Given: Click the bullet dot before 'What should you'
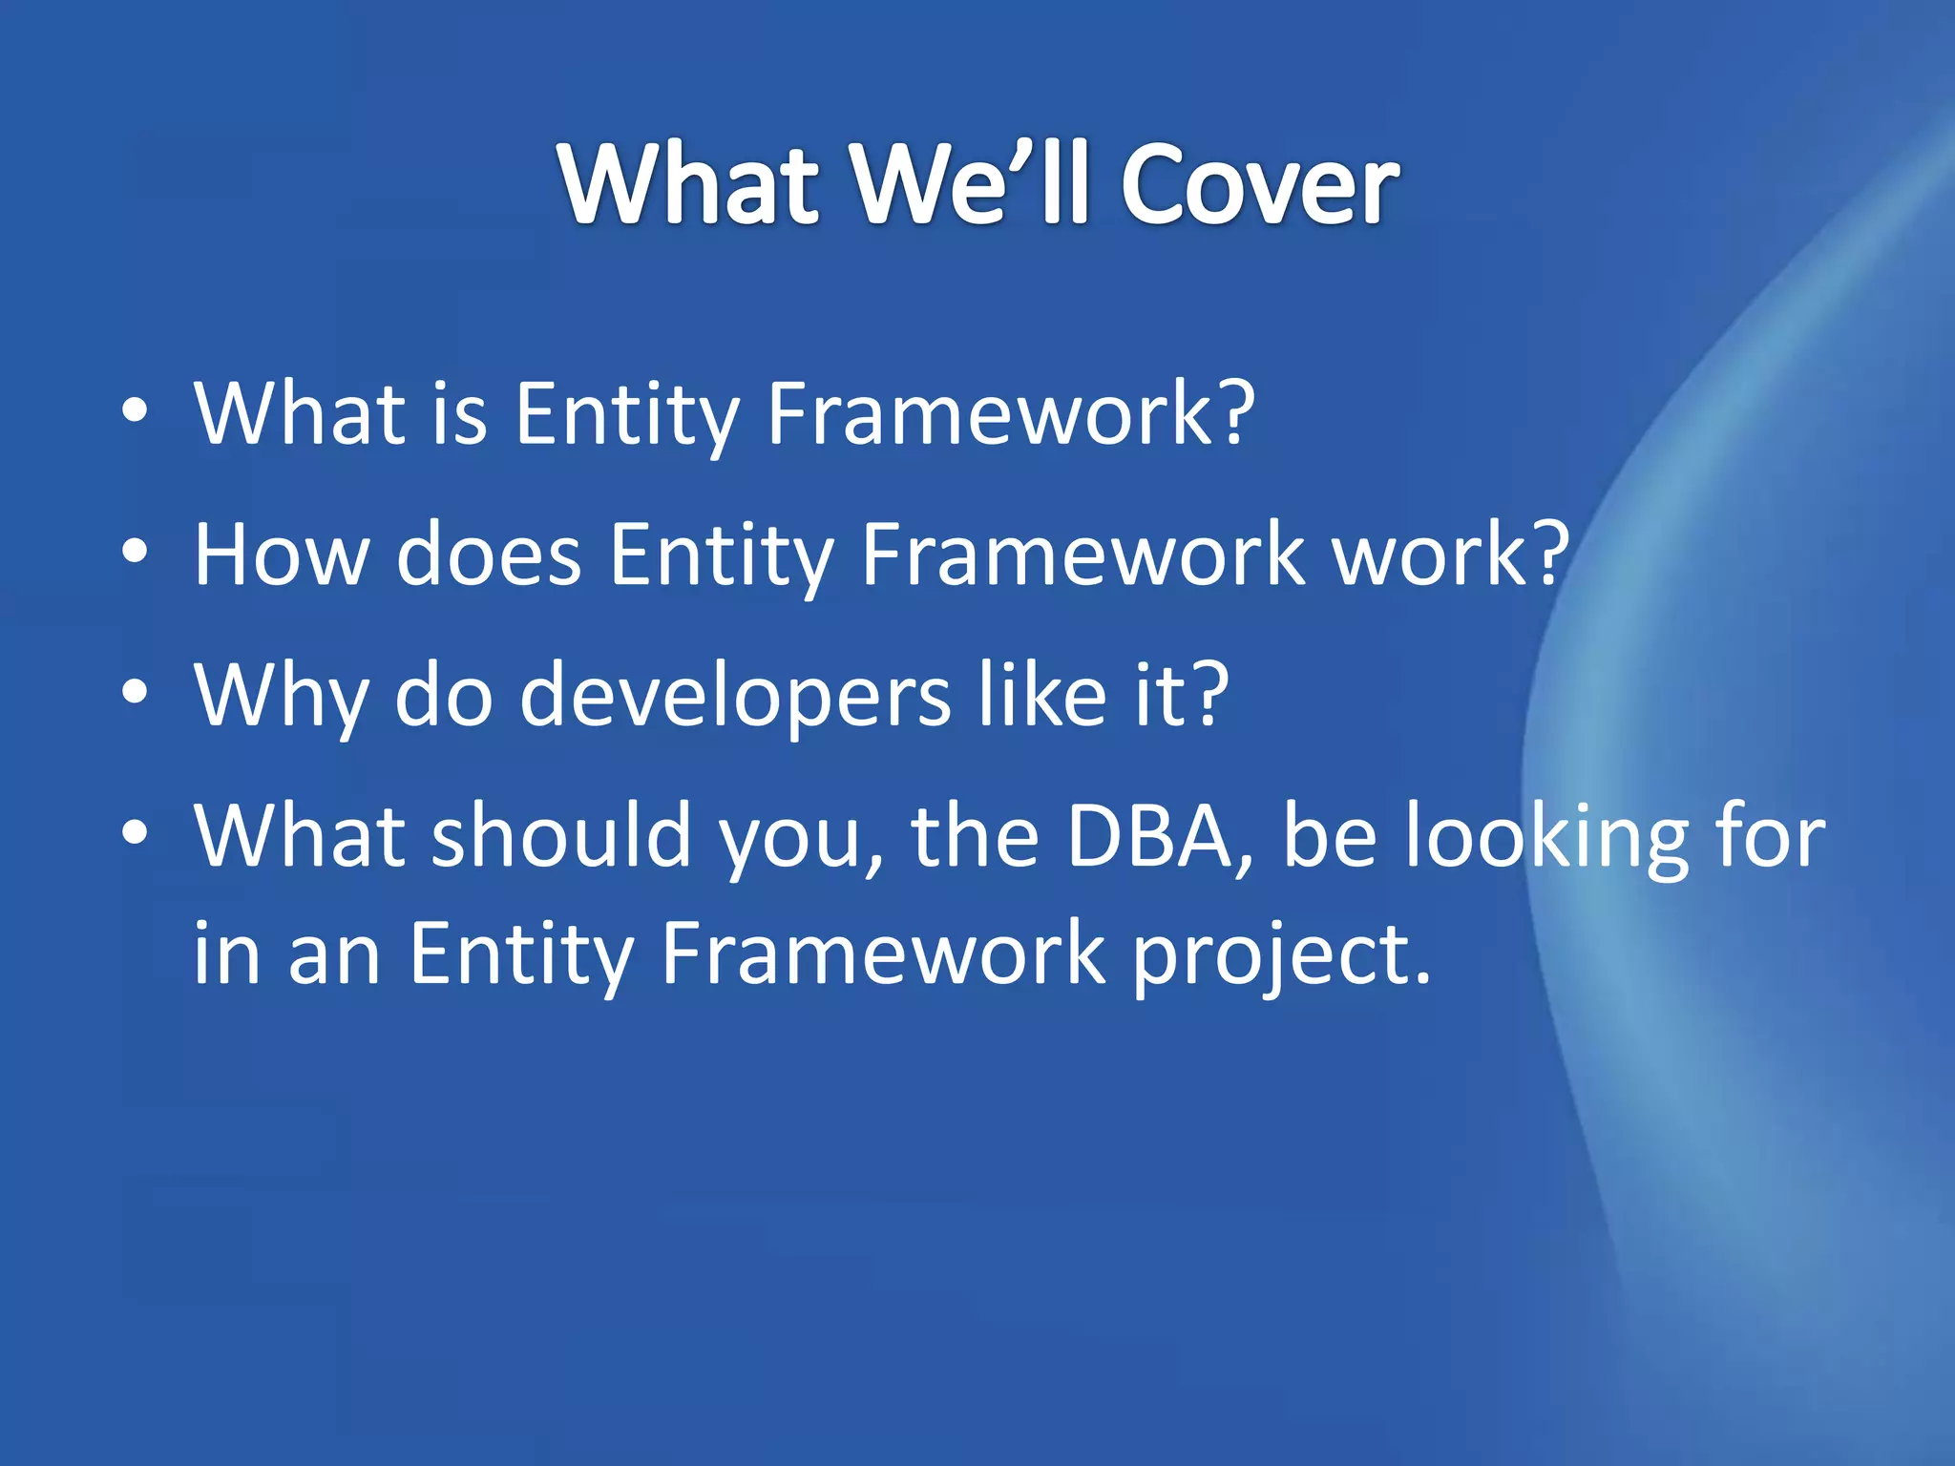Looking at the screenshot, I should pos(136,833).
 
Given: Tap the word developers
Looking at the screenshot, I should pos(734,697).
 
